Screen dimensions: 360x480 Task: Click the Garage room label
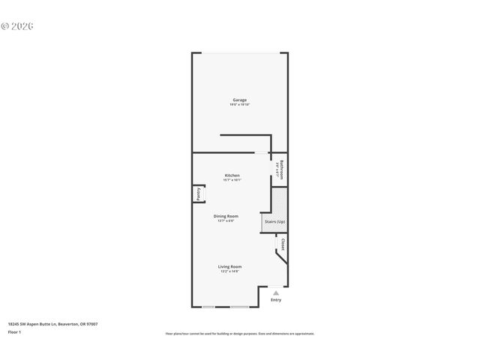click(239, 100)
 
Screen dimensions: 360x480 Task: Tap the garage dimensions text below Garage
click(239, 104)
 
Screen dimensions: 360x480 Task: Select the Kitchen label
click(232, 175)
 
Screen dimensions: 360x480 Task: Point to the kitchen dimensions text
click(232, 180)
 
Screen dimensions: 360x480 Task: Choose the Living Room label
click(229, 266)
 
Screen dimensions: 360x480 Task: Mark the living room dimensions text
click(229, 271)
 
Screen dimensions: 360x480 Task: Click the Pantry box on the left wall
click(199, 194)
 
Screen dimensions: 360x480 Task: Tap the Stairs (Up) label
click(274, 222)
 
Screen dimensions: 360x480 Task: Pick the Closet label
click(283, 244)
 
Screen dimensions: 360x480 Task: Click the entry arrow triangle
click(276, 292)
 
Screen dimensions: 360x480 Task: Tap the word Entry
click(276, 300)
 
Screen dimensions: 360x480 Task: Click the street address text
click(52, 324)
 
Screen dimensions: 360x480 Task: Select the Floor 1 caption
click(15, 331)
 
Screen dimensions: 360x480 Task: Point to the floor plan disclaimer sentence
click(239, 334)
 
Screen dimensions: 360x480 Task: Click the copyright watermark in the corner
click(17, 26)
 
